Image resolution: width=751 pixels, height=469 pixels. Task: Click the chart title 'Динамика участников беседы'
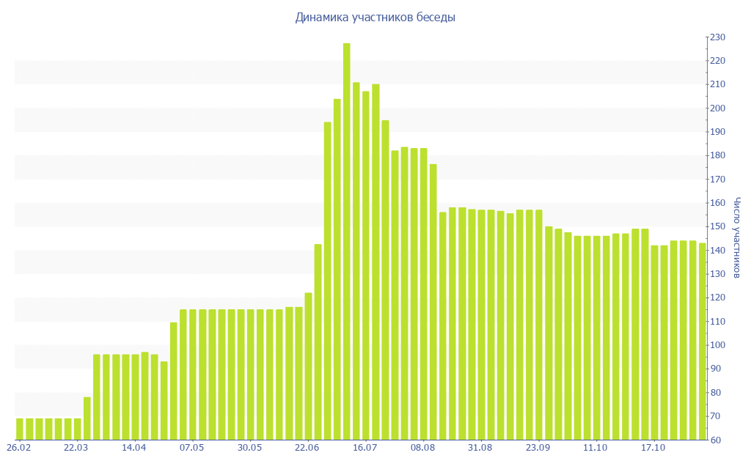click(x=375, y=18)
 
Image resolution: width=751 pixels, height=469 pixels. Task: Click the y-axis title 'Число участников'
click(x=737, y=238)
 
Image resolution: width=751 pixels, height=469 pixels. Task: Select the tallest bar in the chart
click(x=347, y=242)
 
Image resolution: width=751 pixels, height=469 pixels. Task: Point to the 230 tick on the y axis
click(x=717, y=37)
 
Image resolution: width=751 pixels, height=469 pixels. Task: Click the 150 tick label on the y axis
click(x=717, y=226)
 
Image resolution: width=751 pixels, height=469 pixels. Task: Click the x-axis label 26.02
click(x=18, y=448)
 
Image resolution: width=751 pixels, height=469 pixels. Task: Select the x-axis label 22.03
click(x=76, y=448)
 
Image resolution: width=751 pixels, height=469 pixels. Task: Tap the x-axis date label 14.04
click(x=134, y=448)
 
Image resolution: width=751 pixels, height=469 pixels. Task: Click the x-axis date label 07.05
click(x=192, y=448)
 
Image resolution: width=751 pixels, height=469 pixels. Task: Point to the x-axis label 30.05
click(x=249, y=448)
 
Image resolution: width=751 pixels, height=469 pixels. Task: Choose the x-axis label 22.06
click(x=307, y=448)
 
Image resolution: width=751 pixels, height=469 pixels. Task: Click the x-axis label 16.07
click(x=365, y=448)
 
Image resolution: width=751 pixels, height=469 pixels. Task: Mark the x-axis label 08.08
click(x=423, y=448)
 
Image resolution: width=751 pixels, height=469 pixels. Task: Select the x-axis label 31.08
click(x=480, y=448)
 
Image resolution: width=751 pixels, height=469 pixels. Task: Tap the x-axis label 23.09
click(x=538, y=448)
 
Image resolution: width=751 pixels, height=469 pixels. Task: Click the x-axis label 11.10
click(x=596, y=448)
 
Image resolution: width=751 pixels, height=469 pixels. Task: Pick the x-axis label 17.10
click(x=653, y=448)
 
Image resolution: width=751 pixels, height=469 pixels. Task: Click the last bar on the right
click(x=702, y=341)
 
